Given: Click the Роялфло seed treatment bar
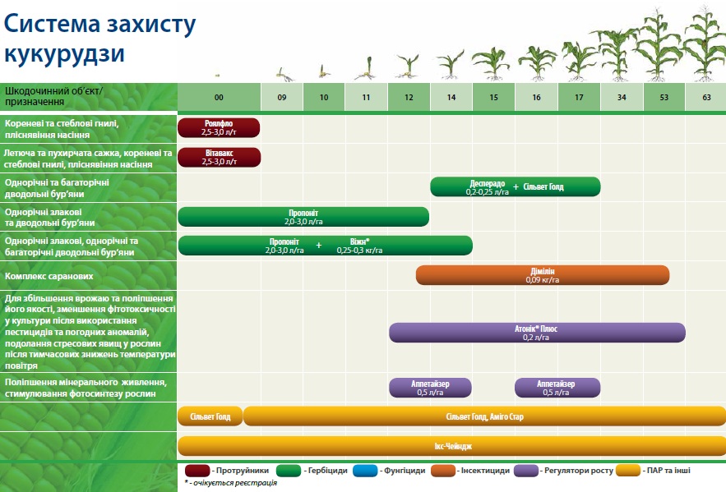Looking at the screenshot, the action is (219, 127).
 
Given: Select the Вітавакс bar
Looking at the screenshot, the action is (219, 157).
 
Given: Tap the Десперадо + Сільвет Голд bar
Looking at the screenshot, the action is (516, 186).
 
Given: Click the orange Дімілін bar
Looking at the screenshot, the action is (543, 275).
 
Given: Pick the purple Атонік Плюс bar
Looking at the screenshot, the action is (537, 333).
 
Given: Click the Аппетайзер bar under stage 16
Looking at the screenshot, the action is (557, 388).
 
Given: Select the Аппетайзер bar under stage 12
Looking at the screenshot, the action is (430, 388).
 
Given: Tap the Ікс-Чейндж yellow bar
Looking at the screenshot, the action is (452, 446).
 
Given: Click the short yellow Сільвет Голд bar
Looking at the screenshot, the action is (210, 416).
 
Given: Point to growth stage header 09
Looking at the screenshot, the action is (282, 97).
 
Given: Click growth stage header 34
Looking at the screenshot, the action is (622, 97).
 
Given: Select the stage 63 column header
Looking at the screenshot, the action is (706, 97).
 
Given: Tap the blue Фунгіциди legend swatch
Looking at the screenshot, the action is (365, 471).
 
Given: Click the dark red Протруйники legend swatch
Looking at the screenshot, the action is (197, 471).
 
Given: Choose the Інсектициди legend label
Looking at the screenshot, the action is (485, 471).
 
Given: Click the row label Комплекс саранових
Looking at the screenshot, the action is (49, 276).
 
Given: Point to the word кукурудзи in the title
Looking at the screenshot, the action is (64, 54).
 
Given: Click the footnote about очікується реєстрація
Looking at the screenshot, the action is (230, 483).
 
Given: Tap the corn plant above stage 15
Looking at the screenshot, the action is (492, 63).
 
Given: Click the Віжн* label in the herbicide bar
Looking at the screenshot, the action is (360, 241).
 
